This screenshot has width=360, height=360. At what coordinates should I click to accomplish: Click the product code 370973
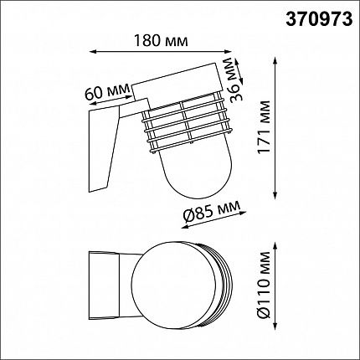(319, 20)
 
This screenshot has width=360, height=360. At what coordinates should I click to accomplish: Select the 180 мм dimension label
(161, 41)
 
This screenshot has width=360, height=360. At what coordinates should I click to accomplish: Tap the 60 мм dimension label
(107, 92)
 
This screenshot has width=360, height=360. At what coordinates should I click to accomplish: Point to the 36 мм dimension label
(234, 80)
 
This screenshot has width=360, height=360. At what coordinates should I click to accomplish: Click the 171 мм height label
(264, 126)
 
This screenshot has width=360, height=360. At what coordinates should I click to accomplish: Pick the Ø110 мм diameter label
(264, 285)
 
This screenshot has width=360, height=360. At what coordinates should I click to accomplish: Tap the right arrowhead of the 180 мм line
(229, 51)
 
